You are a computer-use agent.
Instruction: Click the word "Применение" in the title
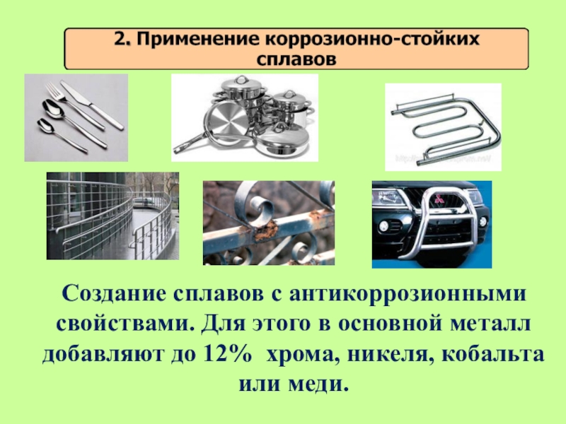[198, 40]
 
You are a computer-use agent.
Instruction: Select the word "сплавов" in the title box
[296, 59]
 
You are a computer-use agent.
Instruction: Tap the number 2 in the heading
[120, 39]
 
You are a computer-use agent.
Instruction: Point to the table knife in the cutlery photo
[92, 105]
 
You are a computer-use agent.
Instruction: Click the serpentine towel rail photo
[444, 127]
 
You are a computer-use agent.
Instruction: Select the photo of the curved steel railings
[112, 216]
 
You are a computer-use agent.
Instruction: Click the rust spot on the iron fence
[267, 230]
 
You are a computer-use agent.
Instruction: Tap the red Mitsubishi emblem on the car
[439, 199]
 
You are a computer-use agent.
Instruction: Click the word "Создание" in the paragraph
[114, 294]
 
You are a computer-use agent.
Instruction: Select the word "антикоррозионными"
[408, 294]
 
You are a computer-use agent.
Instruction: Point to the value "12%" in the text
[227, 354]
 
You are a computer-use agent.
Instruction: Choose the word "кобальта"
[492, 355]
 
